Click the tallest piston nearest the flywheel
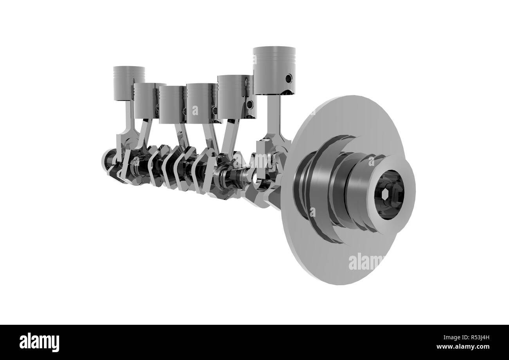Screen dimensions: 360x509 coord(274,70)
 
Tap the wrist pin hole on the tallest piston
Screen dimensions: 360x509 coord(289,79)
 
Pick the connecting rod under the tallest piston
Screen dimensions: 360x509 coord(274,117)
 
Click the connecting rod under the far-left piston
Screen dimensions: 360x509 coord(128,121)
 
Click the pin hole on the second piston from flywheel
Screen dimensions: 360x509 coord(249,104)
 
